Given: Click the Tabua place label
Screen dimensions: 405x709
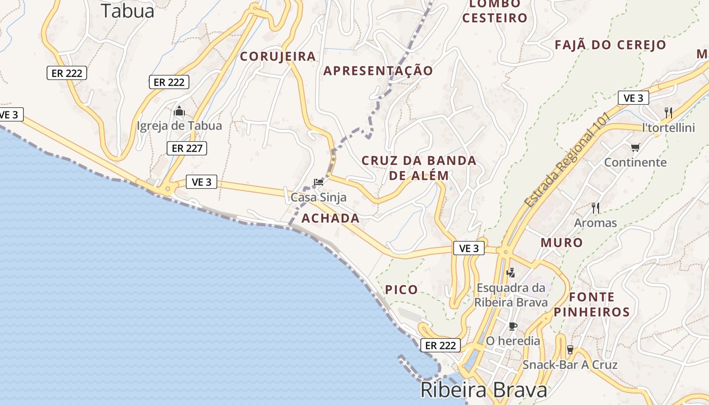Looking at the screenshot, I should (x=127, y=11).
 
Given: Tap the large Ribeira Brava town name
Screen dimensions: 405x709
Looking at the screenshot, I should (x=484, y=390).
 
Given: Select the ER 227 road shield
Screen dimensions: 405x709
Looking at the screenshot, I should (x=187, y=148).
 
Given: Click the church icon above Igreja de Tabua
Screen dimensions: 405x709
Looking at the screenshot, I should (x=179, y=111).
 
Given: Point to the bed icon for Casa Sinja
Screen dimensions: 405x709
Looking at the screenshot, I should (x=319, y=182).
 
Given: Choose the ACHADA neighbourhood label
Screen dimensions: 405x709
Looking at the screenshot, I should (x=330, y=219).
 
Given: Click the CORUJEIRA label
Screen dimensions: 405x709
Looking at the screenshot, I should (x=278, y=56).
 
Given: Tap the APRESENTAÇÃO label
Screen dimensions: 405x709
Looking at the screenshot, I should (x=378, y=71).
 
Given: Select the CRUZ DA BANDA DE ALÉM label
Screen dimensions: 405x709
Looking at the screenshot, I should (x=419, y=168).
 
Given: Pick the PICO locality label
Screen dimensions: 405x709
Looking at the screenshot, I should (x=402, y=290).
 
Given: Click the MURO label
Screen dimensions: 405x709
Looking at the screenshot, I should (x=562, y=242).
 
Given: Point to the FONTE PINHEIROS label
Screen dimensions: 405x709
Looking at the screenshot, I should (x=592, y=304).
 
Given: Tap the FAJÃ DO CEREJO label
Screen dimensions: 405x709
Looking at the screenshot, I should (x=610, y=45).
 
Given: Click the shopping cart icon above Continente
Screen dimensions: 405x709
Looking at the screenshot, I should (x=635, y=148).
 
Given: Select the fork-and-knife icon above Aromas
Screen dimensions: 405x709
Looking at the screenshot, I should (x=596, y=208).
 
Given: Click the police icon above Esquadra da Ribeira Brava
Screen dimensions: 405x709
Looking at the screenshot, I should (x=510, y=272).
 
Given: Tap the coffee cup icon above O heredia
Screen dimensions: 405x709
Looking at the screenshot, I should (x=513, y=326).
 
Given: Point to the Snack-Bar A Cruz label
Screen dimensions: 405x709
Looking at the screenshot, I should (x=570, y=364).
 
